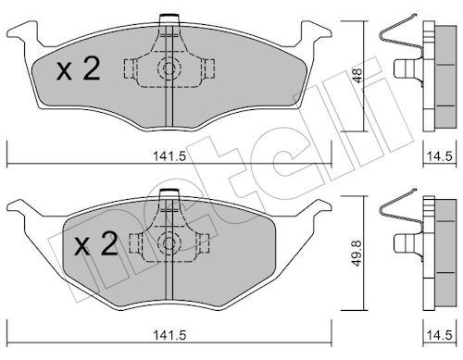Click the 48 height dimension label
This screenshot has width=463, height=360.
point(357,75)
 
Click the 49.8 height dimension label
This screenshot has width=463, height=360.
point(357,254)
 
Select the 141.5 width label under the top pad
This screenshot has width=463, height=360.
point(169,157)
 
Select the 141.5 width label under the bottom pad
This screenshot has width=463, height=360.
point(169,335)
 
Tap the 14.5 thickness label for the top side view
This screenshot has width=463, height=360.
point(440,156)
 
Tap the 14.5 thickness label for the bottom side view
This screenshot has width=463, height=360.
point(440,335)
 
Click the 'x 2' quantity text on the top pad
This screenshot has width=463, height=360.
point(79,69)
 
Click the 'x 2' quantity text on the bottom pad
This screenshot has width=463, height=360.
point(96,244)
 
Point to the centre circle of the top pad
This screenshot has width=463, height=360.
point(169,68)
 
